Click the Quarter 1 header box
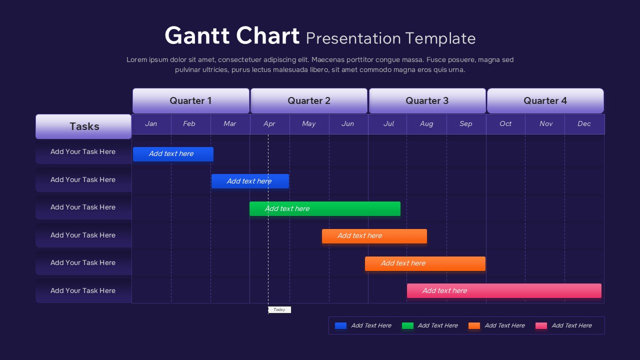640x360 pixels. tap(190, 101)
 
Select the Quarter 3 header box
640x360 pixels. tap(427, 101)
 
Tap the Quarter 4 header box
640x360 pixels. tap(545, 101)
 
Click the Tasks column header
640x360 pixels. tap(83, 126)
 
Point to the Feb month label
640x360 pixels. tap(189, 124)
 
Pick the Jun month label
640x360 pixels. tap(347, 124)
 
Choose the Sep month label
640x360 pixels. tap(465, 124)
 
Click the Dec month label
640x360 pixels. tap(584, 124)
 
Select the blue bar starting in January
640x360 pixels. tap(173, 154)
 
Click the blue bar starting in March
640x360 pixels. tap(250, 181)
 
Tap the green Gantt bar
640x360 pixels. tap(325, 209)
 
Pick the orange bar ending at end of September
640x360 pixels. tap(425, 264)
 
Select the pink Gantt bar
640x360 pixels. tap(504, 291)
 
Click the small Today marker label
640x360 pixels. tap(279, 310)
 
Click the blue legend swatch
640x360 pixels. tap(340, 326)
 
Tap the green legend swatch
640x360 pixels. tap(407, 326)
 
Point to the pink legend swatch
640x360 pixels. tap(541, 326)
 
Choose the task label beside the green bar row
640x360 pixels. tap(83, 207)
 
